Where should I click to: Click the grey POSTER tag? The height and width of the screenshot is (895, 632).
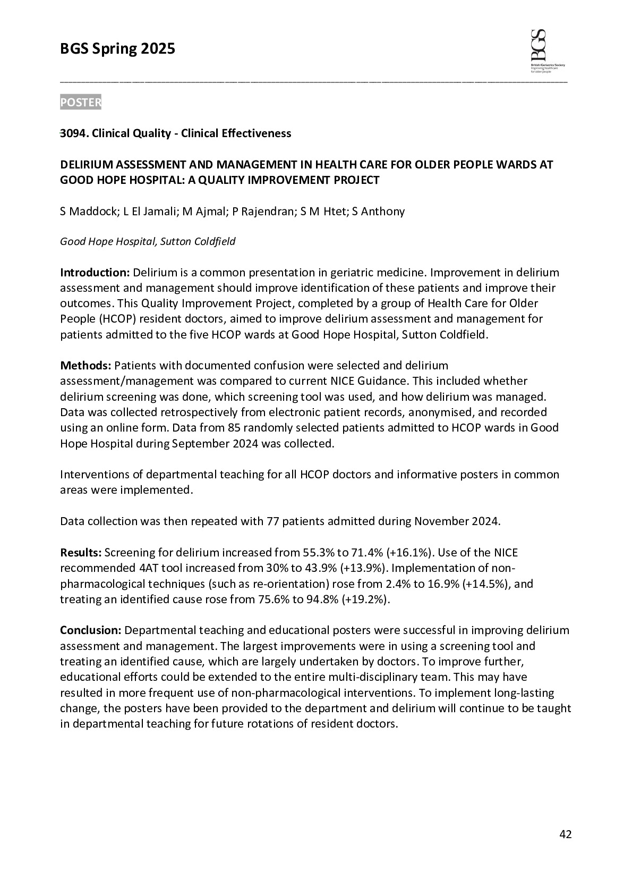pos(80,103)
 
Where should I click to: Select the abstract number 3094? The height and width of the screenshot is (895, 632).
pos(73,133)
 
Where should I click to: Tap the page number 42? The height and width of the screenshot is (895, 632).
pos(566,834)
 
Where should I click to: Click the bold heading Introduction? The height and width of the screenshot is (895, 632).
pos(95,273)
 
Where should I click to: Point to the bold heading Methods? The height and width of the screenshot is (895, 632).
pos(86,366)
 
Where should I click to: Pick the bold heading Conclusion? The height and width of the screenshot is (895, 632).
pos(91,630)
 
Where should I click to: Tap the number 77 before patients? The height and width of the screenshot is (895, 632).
pos(271,521)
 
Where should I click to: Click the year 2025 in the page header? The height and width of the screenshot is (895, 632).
pos(158,49)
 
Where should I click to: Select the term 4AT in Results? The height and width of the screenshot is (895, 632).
pos(155,568)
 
